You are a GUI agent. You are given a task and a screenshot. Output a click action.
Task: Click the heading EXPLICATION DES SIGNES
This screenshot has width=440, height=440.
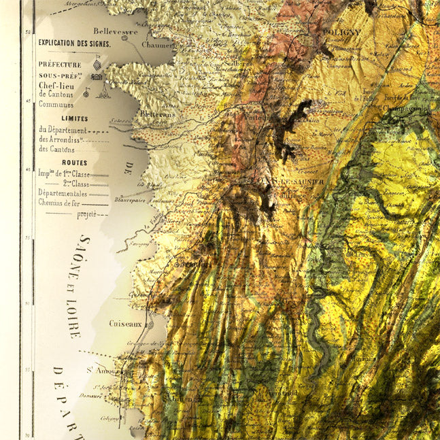click(75, 42)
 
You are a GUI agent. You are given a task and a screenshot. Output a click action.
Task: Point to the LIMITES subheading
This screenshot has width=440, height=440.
click(73, 118)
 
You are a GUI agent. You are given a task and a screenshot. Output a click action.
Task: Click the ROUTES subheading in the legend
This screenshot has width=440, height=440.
click(74, 163)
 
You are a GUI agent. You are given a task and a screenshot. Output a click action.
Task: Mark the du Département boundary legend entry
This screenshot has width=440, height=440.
click(63, 130)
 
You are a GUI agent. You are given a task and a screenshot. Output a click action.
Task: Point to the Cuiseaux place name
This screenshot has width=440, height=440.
click(125, 324)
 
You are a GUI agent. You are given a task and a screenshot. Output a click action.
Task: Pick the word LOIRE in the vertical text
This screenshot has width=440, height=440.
click(73, 320)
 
